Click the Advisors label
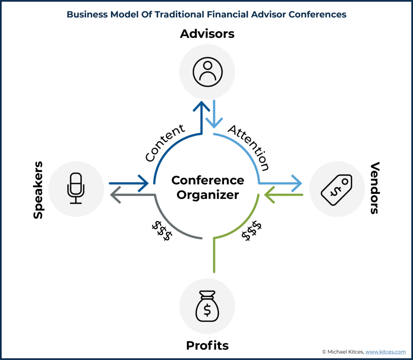coord(207,34)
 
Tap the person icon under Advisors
coord(208,72)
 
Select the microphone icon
coord(76,188)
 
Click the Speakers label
coord(38,190)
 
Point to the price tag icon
coord(337,190)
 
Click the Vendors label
coord(375,188)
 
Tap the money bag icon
coord(207,306)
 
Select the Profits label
coord(207,345)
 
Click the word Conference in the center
coord(208,180)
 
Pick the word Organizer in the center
coord(208,195)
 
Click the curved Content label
coord(165,142)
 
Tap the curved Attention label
coord(248,148)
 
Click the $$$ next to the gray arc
coord(162,230)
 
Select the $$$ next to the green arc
coord(252,230)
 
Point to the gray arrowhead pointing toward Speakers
coord(115,195)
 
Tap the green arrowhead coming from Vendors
coord(269,195)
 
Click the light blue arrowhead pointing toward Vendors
coord(296,183)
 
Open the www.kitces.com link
coord(385,352)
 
